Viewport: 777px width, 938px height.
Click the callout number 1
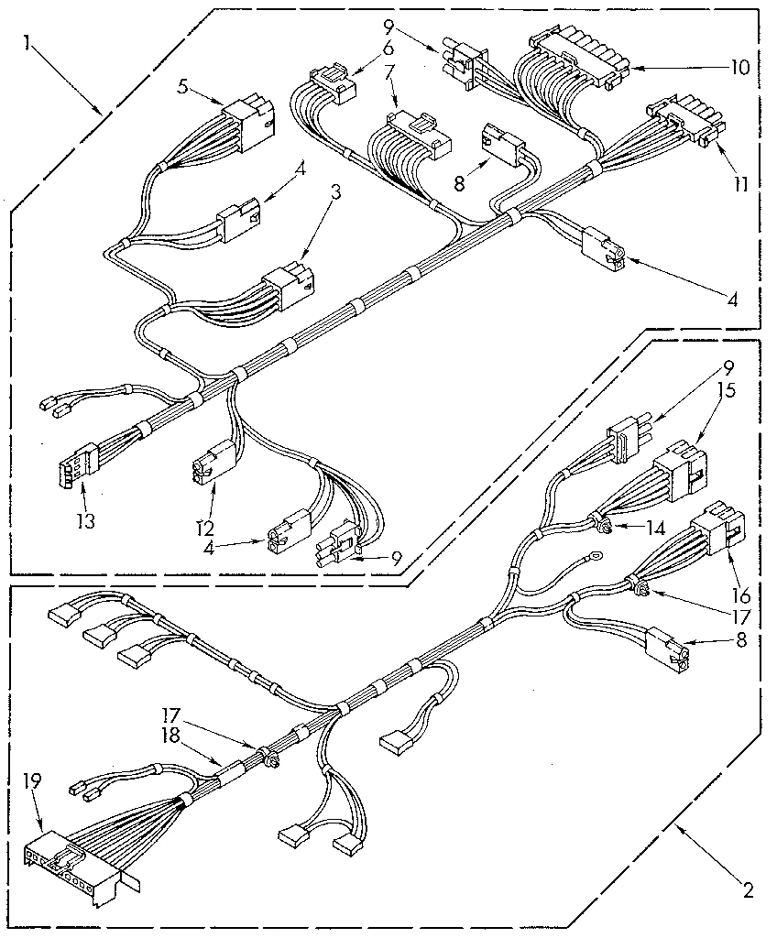30,43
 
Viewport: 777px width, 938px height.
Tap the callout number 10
740,67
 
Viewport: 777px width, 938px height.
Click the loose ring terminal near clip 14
596,554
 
